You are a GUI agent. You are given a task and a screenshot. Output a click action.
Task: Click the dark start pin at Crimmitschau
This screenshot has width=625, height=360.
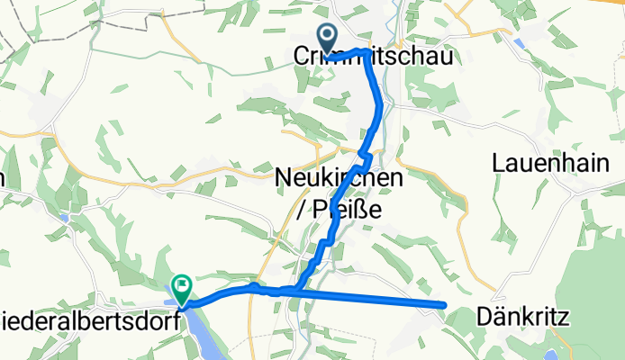(326, 39)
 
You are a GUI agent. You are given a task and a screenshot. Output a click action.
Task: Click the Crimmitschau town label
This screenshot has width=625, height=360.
(373, 56)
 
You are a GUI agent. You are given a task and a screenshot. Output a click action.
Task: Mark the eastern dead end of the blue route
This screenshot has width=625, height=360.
(444, 306)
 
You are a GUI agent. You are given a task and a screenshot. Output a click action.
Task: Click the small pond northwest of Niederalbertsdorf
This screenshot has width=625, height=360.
(64, 217)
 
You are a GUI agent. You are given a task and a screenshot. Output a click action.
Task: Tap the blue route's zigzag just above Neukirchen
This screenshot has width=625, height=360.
(363, 162)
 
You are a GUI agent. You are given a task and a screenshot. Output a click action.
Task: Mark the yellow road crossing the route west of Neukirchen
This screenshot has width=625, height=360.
(270, 168)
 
